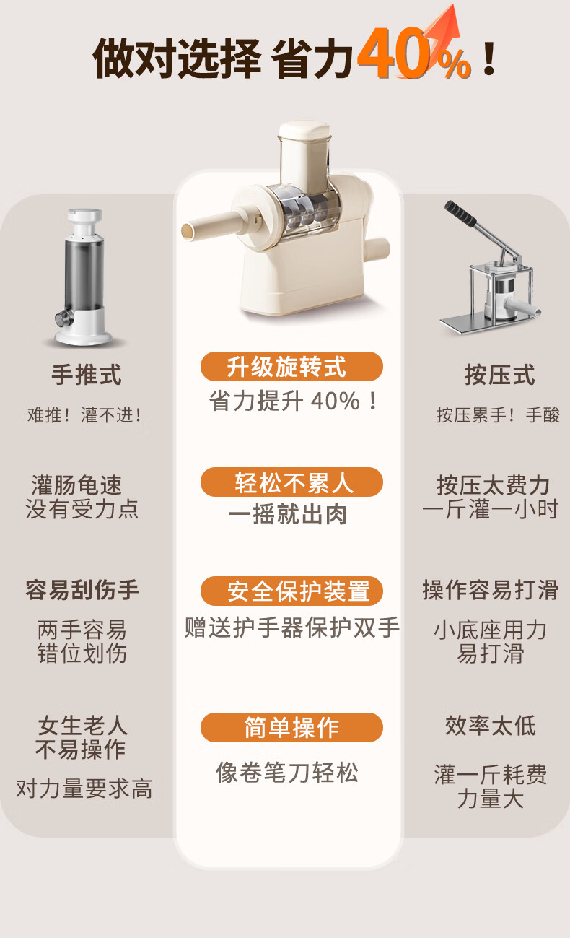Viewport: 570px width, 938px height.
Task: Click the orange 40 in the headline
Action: click(393, 53)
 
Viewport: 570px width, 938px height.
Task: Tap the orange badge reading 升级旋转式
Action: click(291, 366)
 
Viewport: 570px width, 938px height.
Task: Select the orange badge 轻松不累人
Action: click(291, 482)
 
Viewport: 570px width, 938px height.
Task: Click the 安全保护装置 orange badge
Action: click(291, 591)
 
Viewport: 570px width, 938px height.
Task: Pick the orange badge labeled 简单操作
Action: click(291, 727)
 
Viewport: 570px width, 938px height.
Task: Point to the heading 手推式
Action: click(87, 374)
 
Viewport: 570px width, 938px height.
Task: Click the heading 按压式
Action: click(499, 374)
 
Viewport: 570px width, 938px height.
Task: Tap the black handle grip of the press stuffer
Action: click(460, 213)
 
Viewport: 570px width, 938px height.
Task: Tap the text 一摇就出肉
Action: click(288, 514)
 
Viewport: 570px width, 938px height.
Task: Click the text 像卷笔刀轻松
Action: click(287, 773)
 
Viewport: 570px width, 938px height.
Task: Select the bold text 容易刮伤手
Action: click(82, 590)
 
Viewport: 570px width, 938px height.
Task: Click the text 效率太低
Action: click(490, 726)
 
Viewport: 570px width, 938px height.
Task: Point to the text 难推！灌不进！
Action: click(84, 415)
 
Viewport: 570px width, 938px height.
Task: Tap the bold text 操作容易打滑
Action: click(491, 590)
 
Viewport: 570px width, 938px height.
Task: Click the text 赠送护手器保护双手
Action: click(292, 627)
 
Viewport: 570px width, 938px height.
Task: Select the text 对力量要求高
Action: click(84, 789)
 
